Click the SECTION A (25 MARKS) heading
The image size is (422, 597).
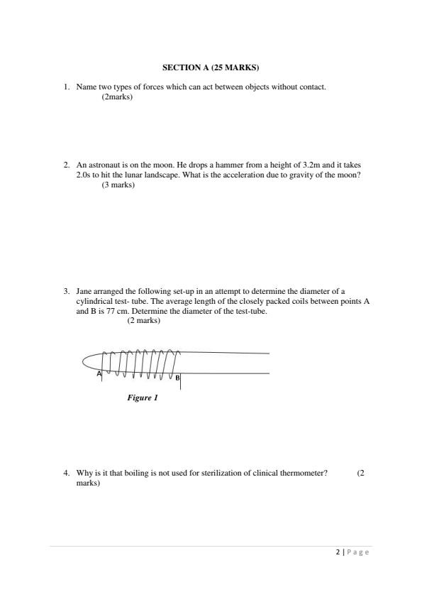(x=211, y=68)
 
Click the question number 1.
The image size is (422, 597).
(x=66, y=87)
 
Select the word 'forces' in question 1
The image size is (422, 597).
(x=154, y=87)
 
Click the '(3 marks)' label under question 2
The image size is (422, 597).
(x=118, y=185)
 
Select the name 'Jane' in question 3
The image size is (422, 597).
(x=84, y=291)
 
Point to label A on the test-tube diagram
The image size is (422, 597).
(x=99, y=373)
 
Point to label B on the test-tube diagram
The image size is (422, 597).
(x=177, y=378)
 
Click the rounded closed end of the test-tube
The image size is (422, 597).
(x=86, y=362)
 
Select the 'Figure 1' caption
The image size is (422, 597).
(x=142, y=398)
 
